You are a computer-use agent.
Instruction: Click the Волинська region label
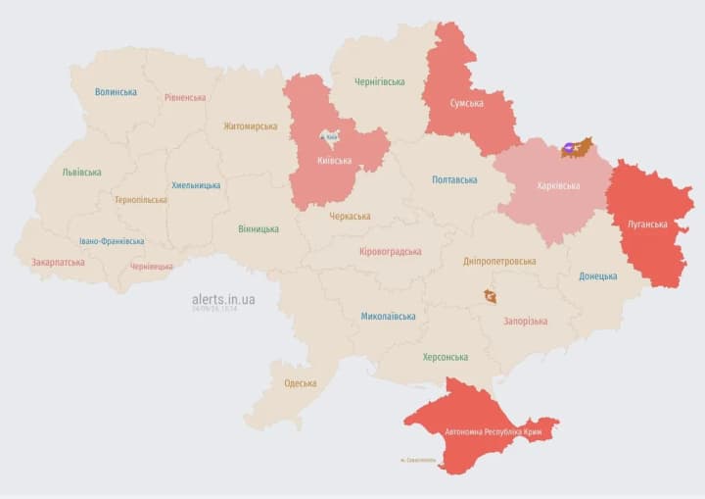116,92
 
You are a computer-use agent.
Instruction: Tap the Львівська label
81,172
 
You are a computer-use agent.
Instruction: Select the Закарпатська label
58,262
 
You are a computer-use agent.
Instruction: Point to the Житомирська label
250,125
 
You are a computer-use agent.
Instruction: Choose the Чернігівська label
379,81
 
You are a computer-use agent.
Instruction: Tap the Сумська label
466,103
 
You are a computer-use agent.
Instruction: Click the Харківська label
558,185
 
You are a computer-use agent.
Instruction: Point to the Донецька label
597,276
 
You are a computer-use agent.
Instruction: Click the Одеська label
300,382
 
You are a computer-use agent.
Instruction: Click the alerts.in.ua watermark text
223,298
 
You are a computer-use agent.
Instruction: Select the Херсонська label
445,357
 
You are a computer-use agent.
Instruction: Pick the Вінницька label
258,228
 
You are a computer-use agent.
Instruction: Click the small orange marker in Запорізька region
490,296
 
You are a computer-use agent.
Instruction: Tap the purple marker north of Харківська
570,150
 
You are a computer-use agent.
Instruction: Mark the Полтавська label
454,179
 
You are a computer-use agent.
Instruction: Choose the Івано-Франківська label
112,241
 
